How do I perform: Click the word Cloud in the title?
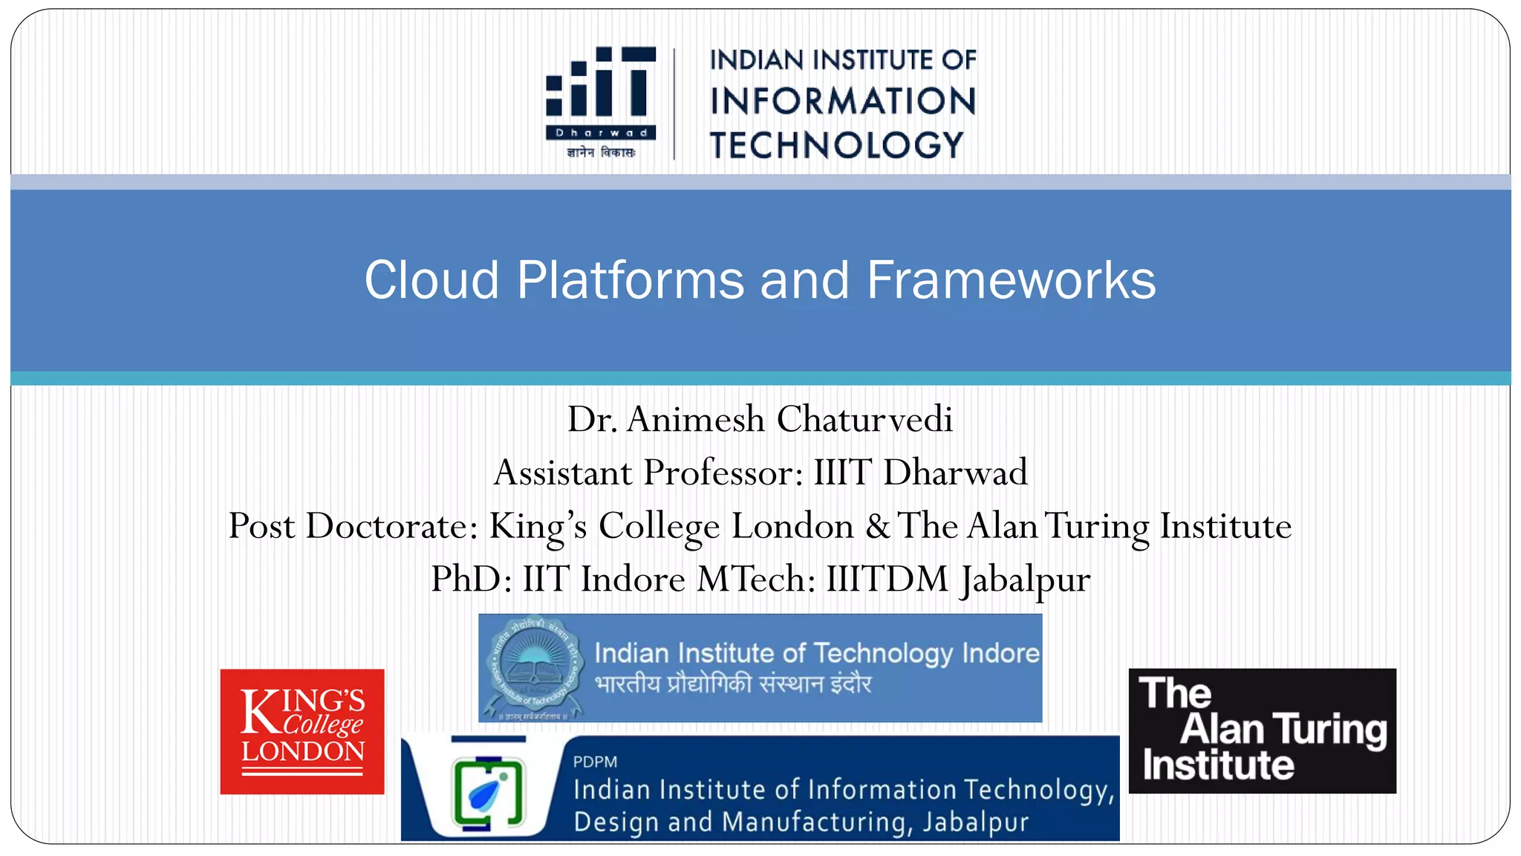point(431,280)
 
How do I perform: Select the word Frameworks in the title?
point(1011,280)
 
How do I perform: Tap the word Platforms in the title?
point(631,280)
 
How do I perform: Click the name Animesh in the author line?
point(695,419)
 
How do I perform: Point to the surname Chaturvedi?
point(864,419)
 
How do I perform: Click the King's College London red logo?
point(302,731)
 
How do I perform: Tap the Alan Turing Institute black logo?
point(1262,730)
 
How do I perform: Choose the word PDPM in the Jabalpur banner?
point(595,762)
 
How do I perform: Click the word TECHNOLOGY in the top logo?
point(836,145)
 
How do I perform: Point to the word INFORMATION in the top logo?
point(842,101)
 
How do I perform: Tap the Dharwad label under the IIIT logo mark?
point(602,133)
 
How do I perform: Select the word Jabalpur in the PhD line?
point(1025,580)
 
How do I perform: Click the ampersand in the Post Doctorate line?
point(877,526)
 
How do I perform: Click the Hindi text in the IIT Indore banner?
point(733,684)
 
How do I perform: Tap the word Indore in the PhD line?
point(633,580)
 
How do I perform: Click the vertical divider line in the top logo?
point(674,104)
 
